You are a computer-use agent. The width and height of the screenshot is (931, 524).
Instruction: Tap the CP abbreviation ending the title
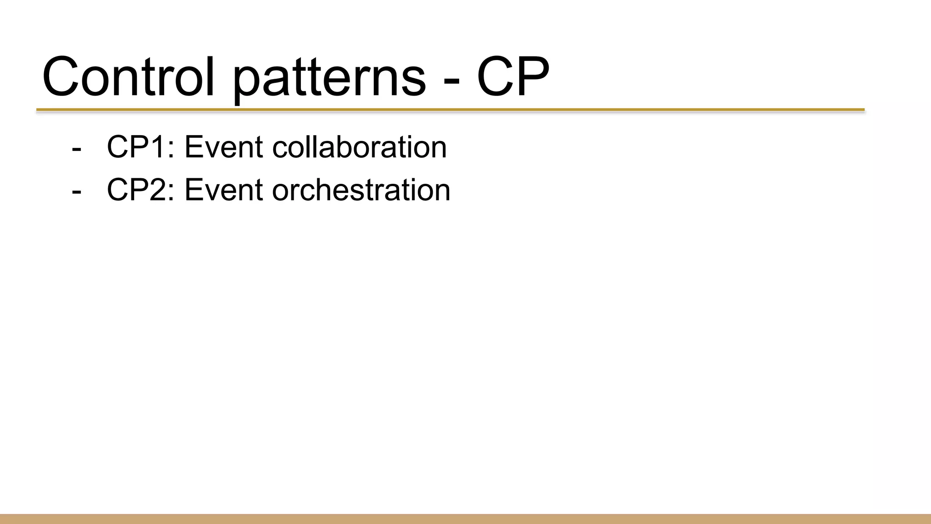(x=513, y=77)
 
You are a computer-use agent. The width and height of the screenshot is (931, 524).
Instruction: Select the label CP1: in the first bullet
(x=140, y=147)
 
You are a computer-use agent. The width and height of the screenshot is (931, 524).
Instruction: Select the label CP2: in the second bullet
(x=140, y=190)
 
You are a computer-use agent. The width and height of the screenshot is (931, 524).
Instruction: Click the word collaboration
(x=359, y=147)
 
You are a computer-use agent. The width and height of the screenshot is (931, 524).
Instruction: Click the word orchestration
(x=361, y=190)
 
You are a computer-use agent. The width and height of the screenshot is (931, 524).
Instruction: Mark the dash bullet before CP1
(x=76, y=149)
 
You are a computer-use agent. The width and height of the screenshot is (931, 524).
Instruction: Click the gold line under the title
(x=450, y=110)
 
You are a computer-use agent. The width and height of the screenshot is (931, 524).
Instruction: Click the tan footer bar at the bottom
(x=465, y=519)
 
